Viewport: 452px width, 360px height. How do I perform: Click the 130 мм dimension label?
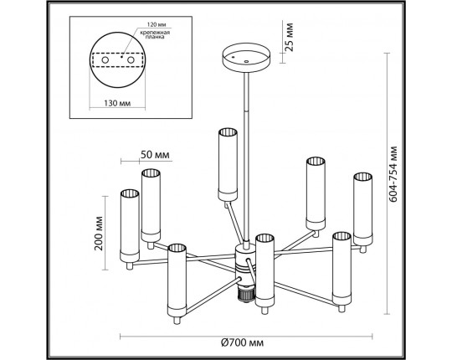(x=117, y=103)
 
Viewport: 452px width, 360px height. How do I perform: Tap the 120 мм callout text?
(x=157, y=24)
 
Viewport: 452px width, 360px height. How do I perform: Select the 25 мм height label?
(x=289, y=37)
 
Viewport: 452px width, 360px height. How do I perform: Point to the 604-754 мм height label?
(x=393, y=174)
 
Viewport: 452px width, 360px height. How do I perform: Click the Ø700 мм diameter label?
(x=242, y=343)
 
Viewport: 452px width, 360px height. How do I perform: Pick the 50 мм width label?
(x=155, y=155)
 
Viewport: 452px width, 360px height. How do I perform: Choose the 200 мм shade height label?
(x=99, y=234)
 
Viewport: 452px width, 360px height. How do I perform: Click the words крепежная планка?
(x=155, y=34)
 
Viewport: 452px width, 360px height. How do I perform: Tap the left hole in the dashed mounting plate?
(x=105, y=60)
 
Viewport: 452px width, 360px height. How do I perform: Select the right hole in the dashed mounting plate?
(x=131, y=60)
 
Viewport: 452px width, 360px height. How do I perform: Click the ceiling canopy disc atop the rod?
(x=246, y=58)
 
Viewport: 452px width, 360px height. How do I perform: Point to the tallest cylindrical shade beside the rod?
(x=228, y=165)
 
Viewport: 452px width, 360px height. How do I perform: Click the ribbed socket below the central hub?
(x=245, y=294)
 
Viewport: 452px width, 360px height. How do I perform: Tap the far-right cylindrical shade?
(x=363, y=209)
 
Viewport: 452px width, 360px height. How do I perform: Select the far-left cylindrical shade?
(x=130, y=226)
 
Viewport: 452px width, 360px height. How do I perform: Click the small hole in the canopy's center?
(x=246, y=61)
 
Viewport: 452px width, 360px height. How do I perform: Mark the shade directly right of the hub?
(x=265, y=270)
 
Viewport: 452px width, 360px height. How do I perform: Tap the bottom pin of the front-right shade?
(x=342, y=309)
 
